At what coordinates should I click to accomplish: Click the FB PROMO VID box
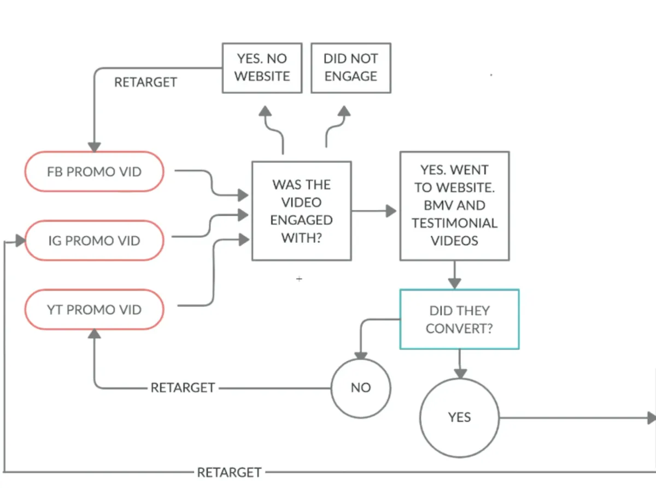pos(94,172)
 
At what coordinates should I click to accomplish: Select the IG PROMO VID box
pos(94,240)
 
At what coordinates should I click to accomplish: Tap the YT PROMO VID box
pos(94,310)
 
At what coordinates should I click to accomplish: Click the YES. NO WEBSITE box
pos(262,68)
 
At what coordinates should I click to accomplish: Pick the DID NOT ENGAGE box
pos(350,68)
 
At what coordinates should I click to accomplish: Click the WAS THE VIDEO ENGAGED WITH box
pos(301,211)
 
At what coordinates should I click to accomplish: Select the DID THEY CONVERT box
pos(459,319)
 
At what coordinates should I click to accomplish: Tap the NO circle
pos(361,387)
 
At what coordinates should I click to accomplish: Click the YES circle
pos(459,418)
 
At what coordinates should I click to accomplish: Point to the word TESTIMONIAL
pos(455,223)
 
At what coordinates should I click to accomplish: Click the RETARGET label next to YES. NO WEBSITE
pos(145,83)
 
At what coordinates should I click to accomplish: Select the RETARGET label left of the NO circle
pos(183,388)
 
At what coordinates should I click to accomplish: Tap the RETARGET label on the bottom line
pos(229,472)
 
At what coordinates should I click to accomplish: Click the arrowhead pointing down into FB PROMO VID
pos(95,147)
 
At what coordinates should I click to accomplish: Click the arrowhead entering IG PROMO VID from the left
pos(20,240)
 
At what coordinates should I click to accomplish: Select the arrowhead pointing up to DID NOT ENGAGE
pos(344,111)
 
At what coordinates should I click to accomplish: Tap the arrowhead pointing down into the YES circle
pos(460,373)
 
